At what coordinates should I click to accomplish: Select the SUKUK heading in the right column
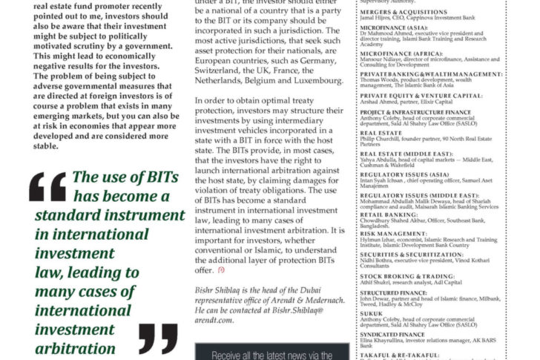[x=371, y=312]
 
